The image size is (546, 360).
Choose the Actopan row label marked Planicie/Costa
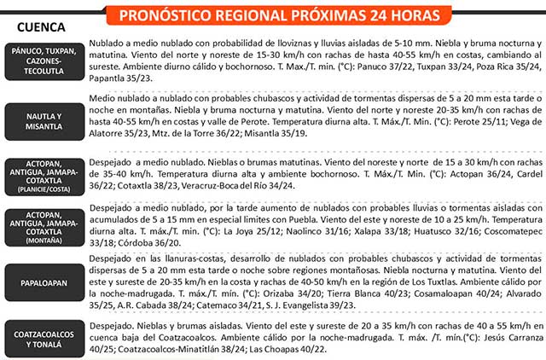pos(44,175)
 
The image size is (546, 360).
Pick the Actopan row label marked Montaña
pos(44,228)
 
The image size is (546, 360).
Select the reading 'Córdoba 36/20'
pos(119,241)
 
